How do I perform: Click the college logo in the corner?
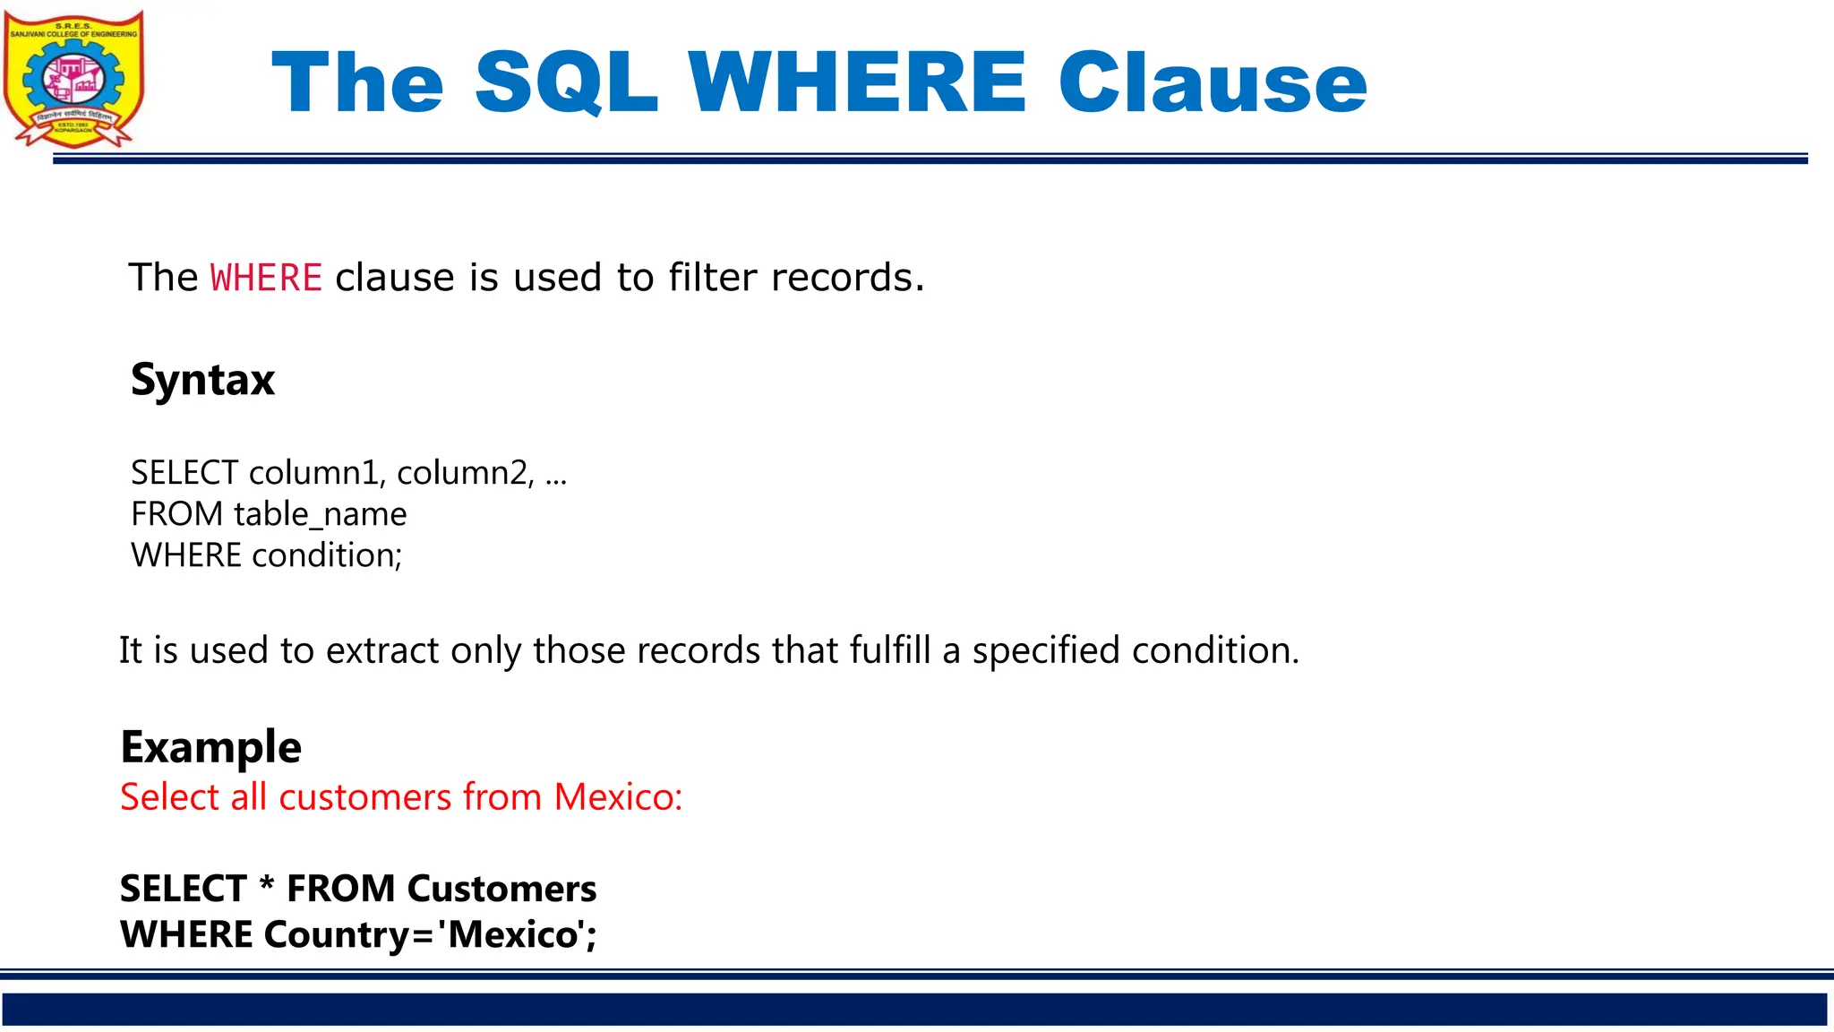[x=73, y=79]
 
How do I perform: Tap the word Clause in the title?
[x=1213, y=82]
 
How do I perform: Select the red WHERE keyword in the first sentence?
[x=266, y=278]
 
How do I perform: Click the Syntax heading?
[x=202, y=380]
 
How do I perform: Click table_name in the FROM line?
[x=320, y=514]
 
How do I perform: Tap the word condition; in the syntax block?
[x=327, y=555]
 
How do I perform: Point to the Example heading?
[x=210, y=747]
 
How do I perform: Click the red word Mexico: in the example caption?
[x=618, y=796]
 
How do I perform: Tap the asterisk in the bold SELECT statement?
[x=267, y=885]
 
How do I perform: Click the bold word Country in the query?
[x=337, y=934]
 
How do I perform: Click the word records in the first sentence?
[x=846, y=278]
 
